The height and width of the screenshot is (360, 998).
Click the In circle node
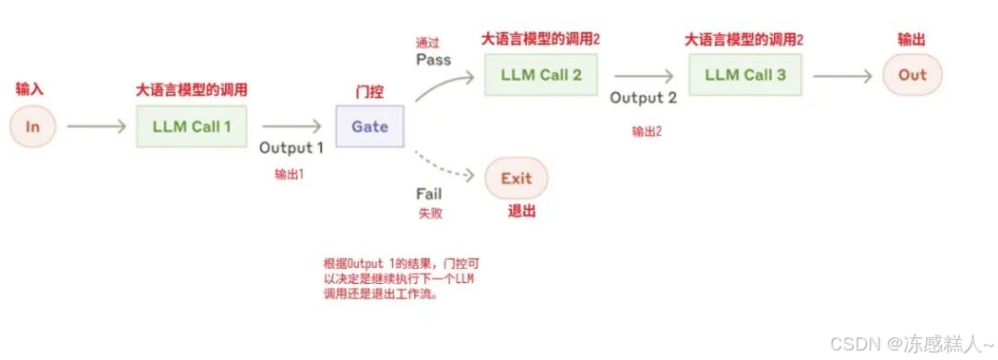(x=33, y=126)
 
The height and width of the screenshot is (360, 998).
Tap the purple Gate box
(x=369, y=126)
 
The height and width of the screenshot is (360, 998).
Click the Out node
(x=913, y=75)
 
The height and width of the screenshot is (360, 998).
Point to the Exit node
(x=517, y=178)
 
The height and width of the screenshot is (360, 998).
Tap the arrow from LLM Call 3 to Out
(x=842, y=75)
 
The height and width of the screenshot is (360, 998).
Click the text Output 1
(x=292, y=148)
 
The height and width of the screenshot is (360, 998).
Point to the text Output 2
(x=644, y=98)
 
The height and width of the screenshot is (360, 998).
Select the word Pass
(x=433, y=60)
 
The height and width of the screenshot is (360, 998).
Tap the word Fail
(x=429, y=195)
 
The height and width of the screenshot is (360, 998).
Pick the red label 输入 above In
(x=30, y=88)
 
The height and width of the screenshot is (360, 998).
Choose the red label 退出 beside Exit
(x=522, y=211)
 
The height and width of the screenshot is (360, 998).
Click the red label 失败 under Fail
(x=430, y=214)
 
